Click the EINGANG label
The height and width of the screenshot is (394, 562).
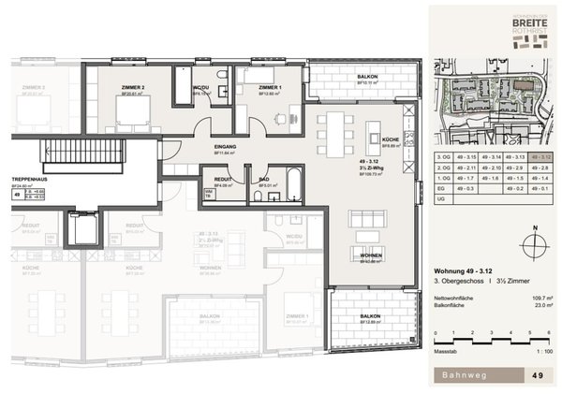[x=223, y=147]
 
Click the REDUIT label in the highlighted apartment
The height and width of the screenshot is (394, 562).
[x=223, y=178]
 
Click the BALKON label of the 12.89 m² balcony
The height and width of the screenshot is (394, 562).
[x=367, y=316]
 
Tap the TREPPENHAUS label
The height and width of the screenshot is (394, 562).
[x=30, y=178]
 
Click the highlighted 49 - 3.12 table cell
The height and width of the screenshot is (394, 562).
[x=540, y=157]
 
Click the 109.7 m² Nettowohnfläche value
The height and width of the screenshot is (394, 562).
[x=538, y=294]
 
